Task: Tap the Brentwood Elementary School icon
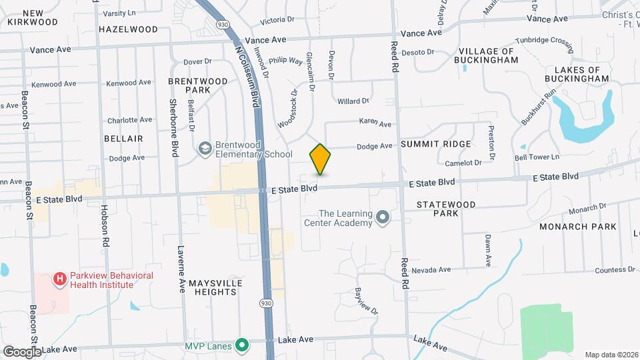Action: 205,148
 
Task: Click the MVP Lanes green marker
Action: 242,345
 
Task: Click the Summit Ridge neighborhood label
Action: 436,144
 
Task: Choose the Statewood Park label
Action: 437,208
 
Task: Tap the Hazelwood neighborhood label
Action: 128,29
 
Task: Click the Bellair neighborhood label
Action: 124,138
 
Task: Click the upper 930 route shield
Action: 221,24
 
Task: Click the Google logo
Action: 21,351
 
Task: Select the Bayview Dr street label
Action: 366,301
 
